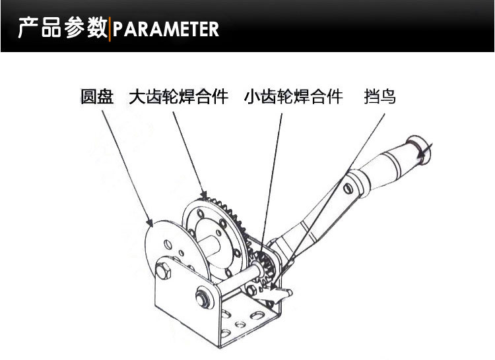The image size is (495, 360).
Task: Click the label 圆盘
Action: click(x=98, y=97)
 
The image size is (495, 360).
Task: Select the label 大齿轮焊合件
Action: click(x=178, y=97)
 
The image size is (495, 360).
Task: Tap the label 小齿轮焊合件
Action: click(x=293, y=97)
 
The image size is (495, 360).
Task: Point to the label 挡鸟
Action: click(x=379, y=97)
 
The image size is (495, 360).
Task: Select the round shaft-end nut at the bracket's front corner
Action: click(x=203, y=298)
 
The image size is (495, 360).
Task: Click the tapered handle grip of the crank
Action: click(x=386, y=167)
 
